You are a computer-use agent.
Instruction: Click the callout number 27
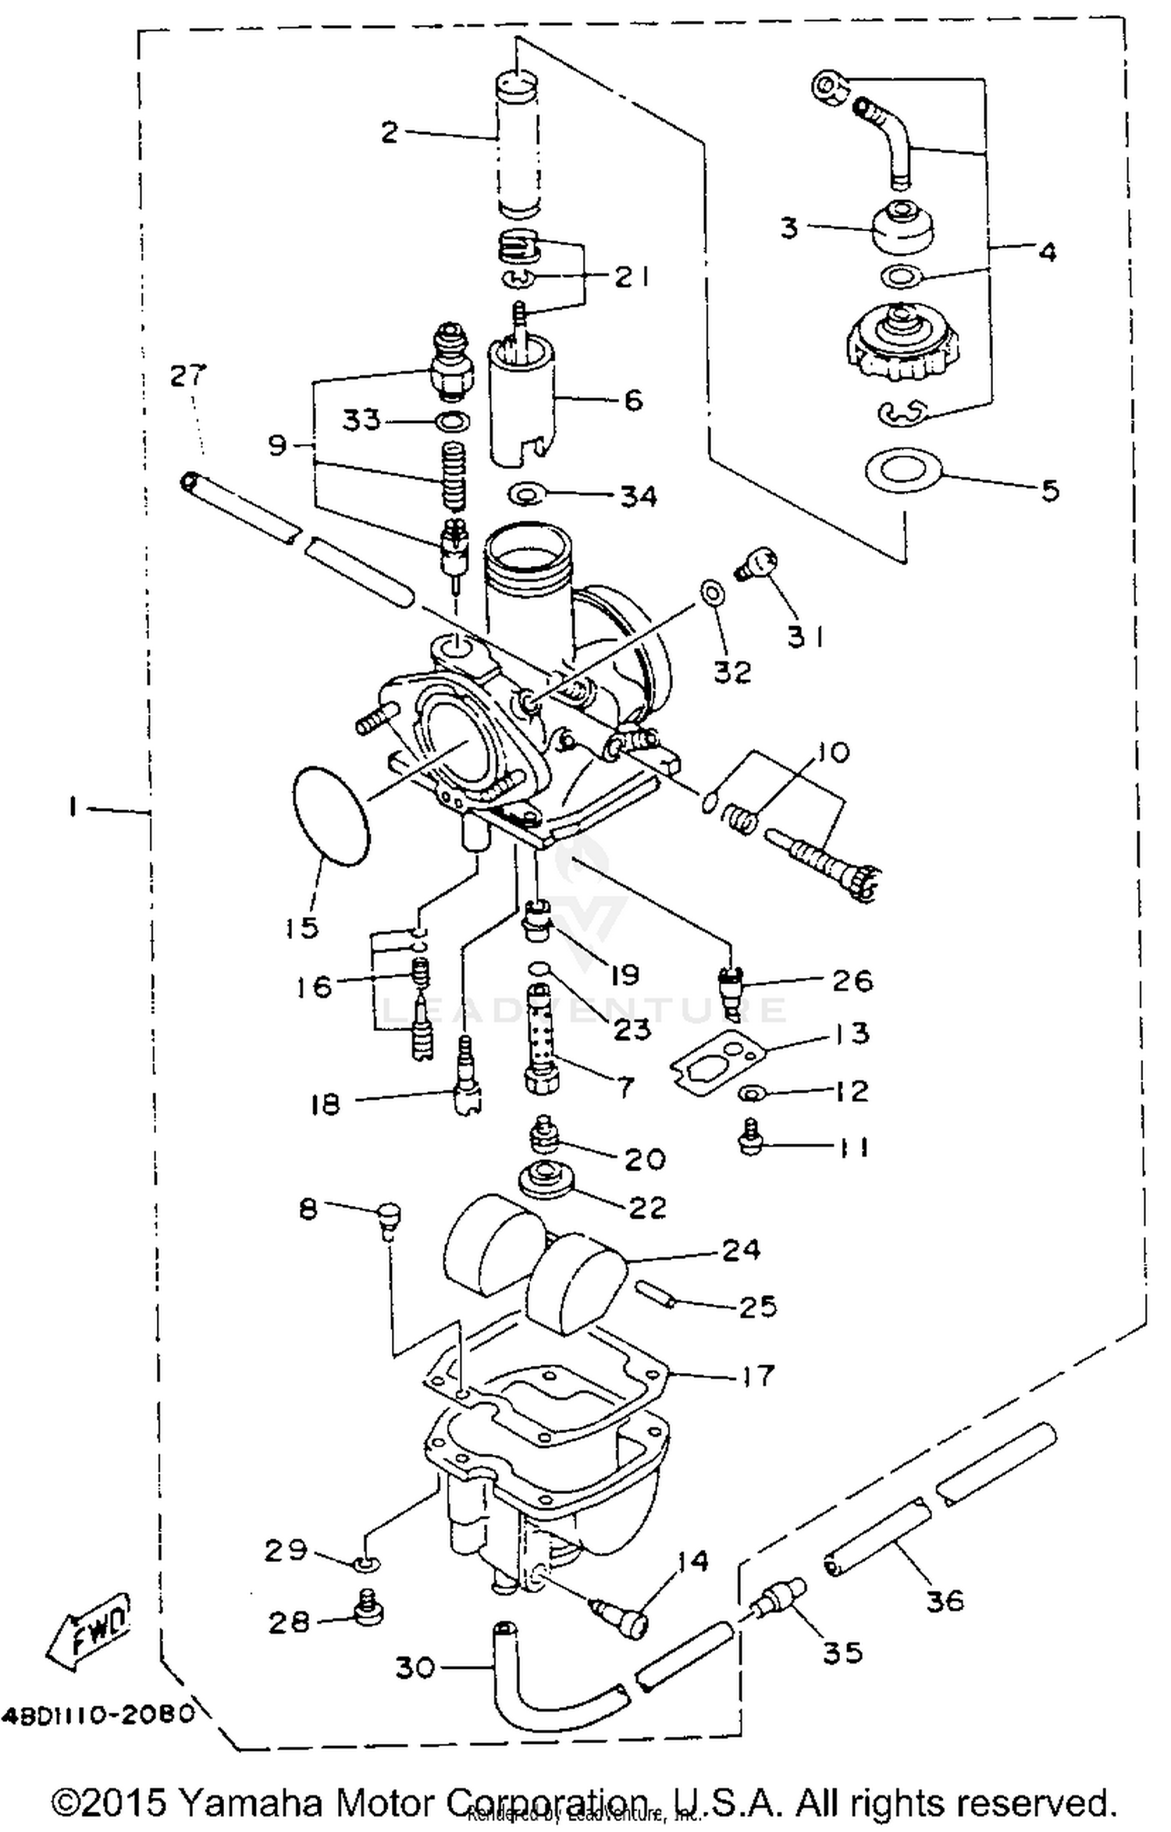187,376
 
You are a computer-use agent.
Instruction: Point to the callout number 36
945,1601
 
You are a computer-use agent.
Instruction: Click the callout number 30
415,1668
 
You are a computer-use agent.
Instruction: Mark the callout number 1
72,809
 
